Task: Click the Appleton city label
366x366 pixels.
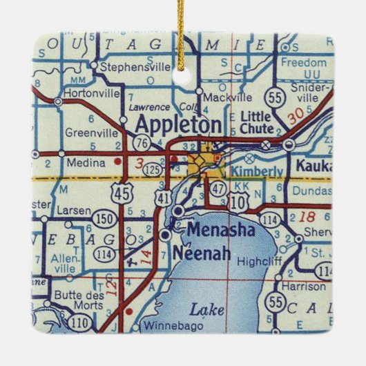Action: pos(178,126)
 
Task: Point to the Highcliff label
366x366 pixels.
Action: pos(256,261)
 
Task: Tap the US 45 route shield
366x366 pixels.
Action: pos(124,195)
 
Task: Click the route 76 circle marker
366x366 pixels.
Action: pos(144,143)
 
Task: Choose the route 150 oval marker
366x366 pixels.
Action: pos(105,219)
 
